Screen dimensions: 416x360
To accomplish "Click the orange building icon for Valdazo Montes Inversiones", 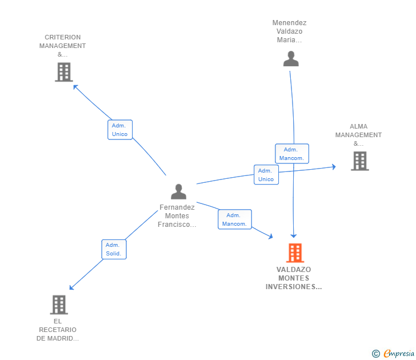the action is click(295, 253).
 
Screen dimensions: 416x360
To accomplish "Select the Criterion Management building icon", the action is click(64, 72).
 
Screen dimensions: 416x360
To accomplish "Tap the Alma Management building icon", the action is click(360, 161).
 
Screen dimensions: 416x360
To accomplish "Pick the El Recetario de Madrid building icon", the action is click(59, 305).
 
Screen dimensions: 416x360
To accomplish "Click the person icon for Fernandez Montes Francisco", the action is click(178, 191).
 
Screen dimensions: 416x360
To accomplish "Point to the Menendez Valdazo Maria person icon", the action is click(291, 59).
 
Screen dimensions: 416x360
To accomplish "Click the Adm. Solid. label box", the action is click(114, 249).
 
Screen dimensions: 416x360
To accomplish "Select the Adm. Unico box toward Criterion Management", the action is click(120, 130).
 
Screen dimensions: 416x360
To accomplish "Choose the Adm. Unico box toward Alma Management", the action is click(266, 175).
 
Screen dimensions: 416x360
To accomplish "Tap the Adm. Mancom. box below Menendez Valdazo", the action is click(292, 154).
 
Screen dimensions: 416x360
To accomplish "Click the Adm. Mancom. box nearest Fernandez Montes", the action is click(235, 219).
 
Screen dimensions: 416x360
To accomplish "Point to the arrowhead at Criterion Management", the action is click(75, 86).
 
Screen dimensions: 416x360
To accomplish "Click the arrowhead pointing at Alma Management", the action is click(334, 167).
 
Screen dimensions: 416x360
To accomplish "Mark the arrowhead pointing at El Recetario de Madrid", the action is click(71, 288).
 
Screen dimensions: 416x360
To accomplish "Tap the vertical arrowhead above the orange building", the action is click(294, 236).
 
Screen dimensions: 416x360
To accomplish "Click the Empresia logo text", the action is click(399, 353).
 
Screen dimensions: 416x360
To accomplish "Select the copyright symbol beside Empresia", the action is click(375, 354).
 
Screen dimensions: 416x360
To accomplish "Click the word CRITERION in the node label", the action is click(63, 37).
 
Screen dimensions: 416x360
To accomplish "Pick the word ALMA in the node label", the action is click(358, 126).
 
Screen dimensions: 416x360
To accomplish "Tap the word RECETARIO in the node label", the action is click(58, 330).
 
